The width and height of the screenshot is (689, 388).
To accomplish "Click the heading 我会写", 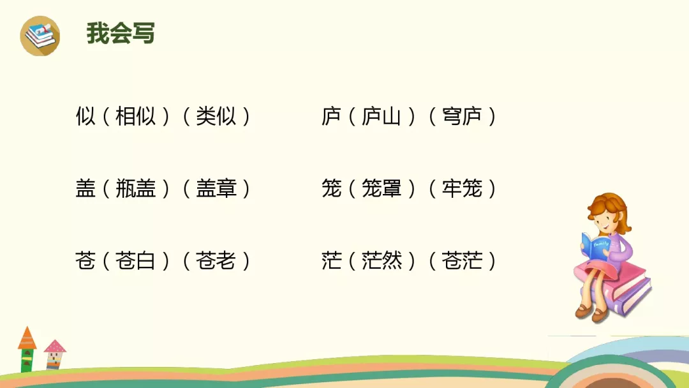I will [121, 33].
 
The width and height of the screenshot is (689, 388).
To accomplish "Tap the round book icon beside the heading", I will [40, 36].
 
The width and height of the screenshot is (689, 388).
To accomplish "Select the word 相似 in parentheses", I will [135, 117].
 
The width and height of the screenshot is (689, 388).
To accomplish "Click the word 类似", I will [216, 117].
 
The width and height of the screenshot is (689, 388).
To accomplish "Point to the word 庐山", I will [381, 117].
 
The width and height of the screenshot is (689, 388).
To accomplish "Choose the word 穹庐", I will [462, 117].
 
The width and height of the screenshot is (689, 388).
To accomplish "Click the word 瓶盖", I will [135, 189].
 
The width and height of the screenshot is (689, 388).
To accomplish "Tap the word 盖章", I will [216, 189].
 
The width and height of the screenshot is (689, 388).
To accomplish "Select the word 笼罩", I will [381, 189].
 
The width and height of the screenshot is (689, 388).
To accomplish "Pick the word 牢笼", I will [462, 189].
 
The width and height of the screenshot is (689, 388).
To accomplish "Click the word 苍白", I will [135, 261].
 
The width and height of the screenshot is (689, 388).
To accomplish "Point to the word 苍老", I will [216, 261].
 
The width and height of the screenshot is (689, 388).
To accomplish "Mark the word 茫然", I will [381, 261].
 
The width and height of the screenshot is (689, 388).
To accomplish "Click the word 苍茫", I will [462, 261].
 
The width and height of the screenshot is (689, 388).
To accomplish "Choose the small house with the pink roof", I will [55, 354].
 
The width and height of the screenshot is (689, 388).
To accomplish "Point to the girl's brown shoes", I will [591, 312].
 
